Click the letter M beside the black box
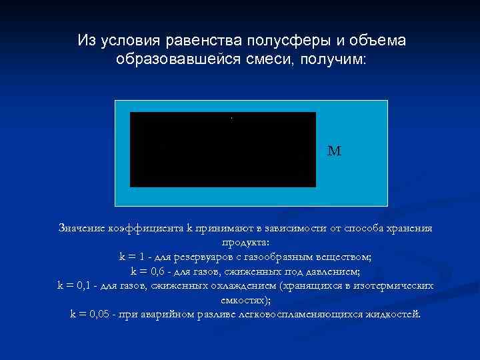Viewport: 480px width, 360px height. tap(334, 151)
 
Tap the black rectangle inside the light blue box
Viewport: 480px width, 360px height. tap(223, 149)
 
